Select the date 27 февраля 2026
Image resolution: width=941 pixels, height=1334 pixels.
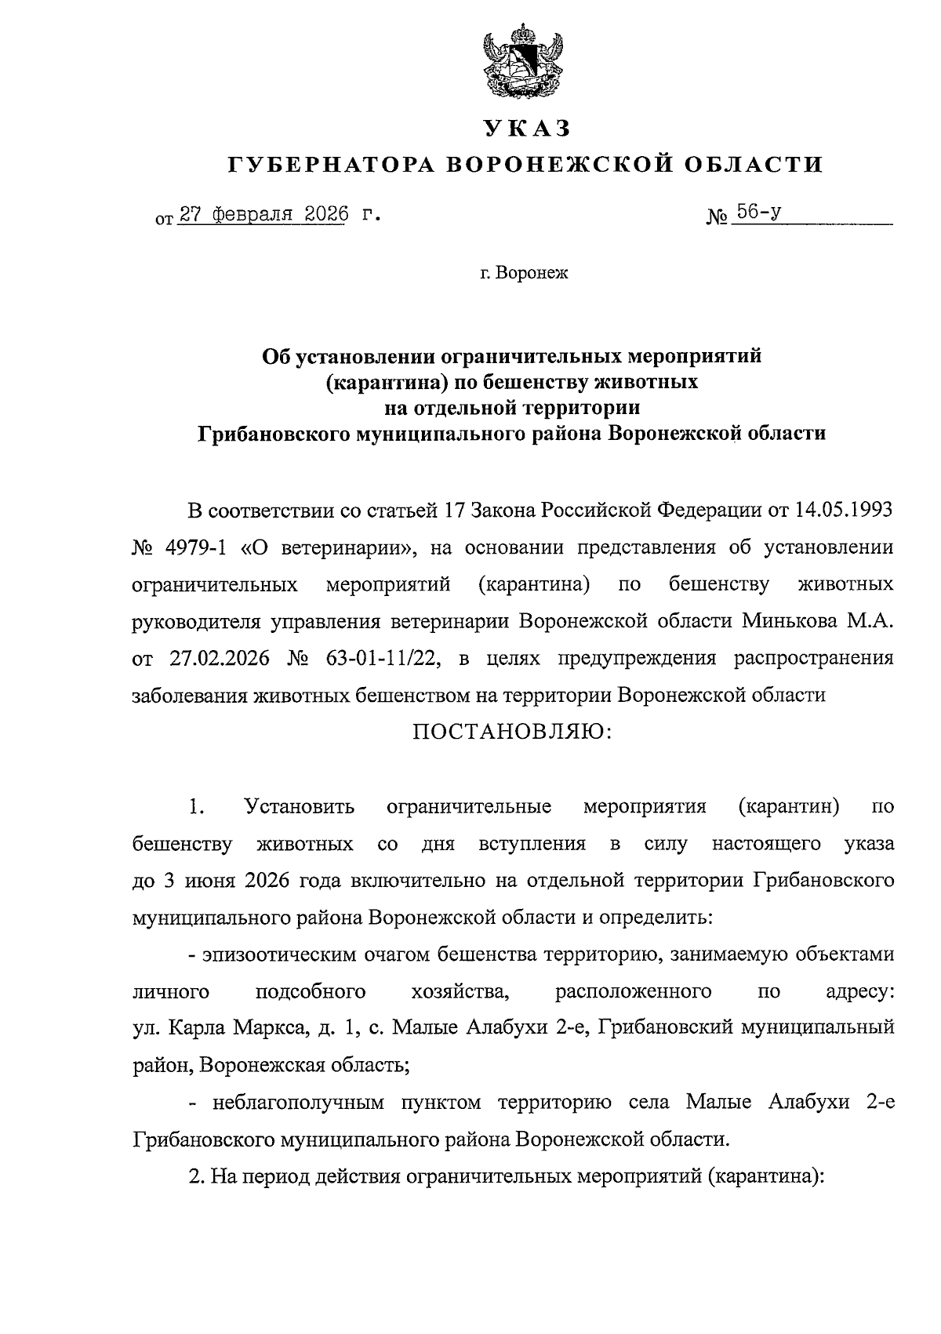click(x=263, y=213)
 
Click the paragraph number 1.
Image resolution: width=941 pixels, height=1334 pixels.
click(x=196, y=806)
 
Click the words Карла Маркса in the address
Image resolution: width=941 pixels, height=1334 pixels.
click(x=227, y=1028)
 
